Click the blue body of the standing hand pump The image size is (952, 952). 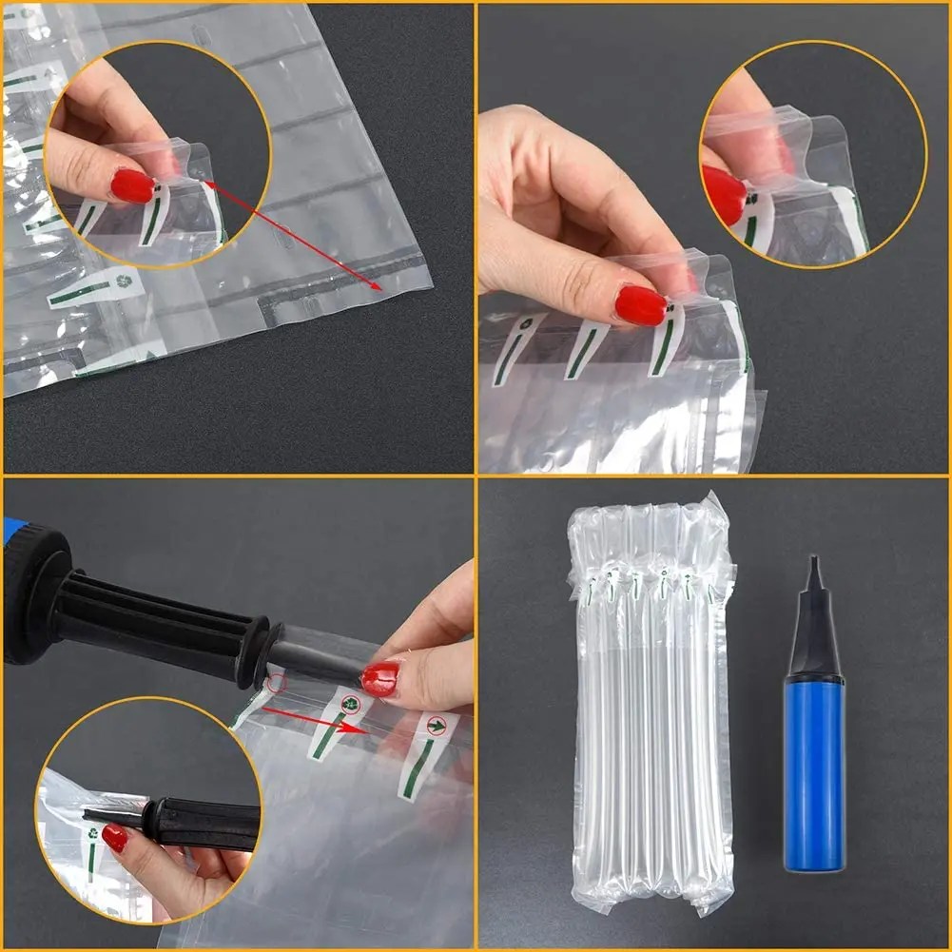(813, 770)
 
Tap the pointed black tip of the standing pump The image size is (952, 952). (814, 571)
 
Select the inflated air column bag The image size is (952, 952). (651, 704)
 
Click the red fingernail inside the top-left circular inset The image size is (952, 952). (132, 185)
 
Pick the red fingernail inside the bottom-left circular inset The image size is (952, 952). (115, 838)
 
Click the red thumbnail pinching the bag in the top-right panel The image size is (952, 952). (641, 305)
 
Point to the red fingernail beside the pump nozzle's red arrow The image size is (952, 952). (380, 678)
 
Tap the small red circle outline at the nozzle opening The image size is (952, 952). (276, 683)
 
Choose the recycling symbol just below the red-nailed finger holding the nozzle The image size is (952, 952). (350, 705)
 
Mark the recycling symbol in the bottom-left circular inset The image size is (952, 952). (93, 834)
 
